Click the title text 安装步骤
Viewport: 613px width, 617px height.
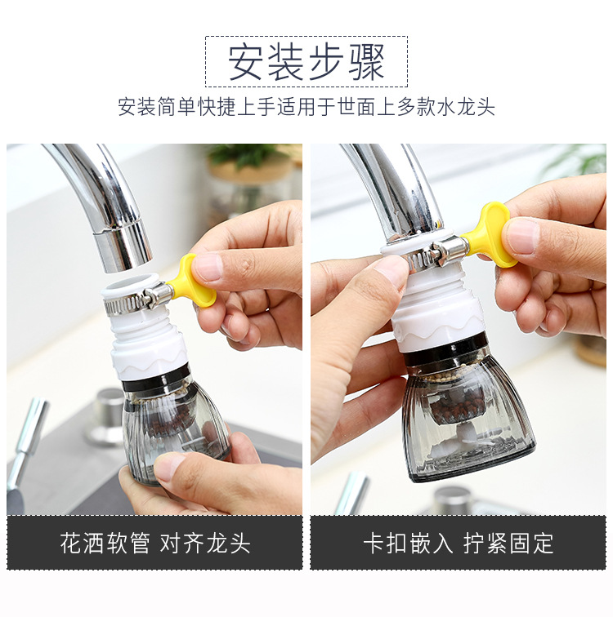(x=306, y=62)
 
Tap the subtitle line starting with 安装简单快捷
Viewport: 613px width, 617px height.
(x=306, y=108)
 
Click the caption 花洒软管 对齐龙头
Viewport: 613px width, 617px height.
(x=154, y=543)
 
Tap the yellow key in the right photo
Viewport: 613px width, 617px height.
(x=491, y=234)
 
